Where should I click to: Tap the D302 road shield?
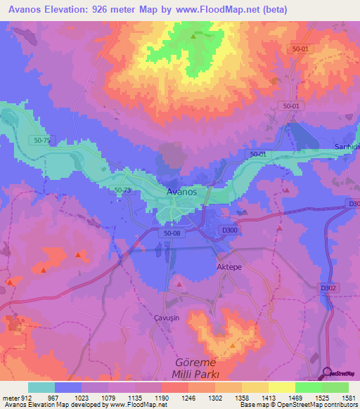pyautogui.click(x=328, y=287)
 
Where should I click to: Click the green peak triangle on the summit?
pyautogui.click(x=193, y=35)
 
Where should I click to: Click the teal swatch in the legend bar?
pyautogui.click(x=41, y=387)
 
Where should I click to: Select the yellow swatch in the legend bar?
pyautogui.click(x=281, y=387)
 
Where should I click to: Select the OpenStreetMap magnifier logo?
pyautogui.click(x=328, y=374)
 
